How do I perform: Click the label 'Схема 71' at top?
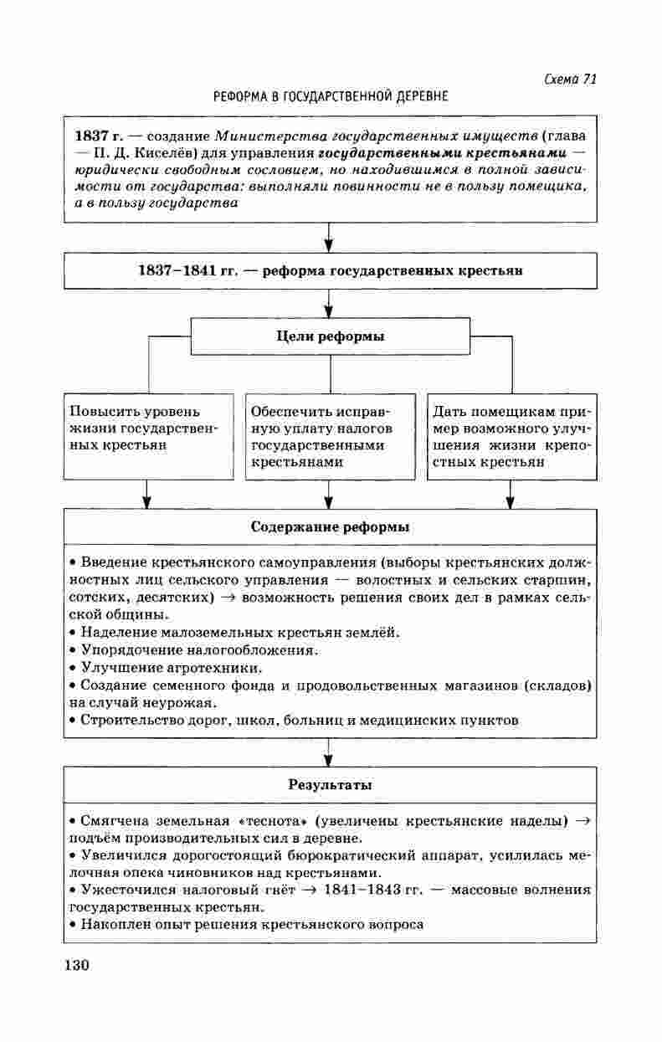coord(569,79)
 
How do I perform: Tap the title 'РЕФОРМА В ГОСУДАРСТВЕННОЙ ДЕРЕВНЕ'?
coord(331,97)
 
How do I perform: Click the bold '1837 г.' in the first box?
coord(96,135)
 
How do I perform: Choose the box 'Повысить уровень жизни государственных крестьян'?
coord(148,435)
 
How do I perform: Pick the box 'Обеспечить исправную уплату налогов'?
coord(330,435)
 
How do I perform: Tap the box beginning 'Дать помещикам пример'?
coord(511,435)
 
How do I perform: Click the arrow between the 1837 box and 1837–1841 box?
coord(329,238)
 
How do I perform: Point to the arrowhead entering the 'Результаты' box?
coord(329,759)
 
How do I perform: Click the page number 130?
coord(75,965)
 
